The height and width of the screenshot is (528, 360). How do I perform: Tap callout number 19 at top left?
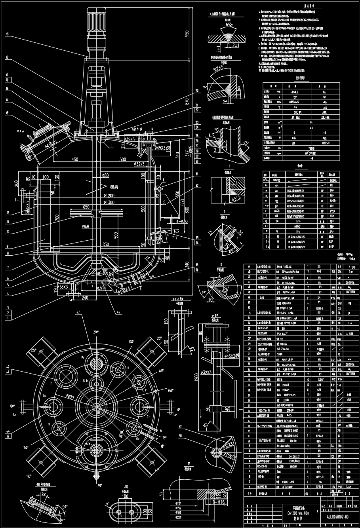click(7, 34)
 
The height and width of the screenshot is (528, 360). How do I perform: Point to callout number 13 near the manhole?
click(7, 113)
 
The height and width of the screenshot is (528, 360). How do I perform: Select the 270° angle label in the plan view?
click(95, 332)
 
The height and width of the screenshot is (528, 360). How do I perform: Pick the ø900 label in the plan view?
click(70, 397)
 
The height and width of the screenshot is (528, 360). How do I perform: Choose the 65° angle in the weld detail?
click(229, 25)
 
